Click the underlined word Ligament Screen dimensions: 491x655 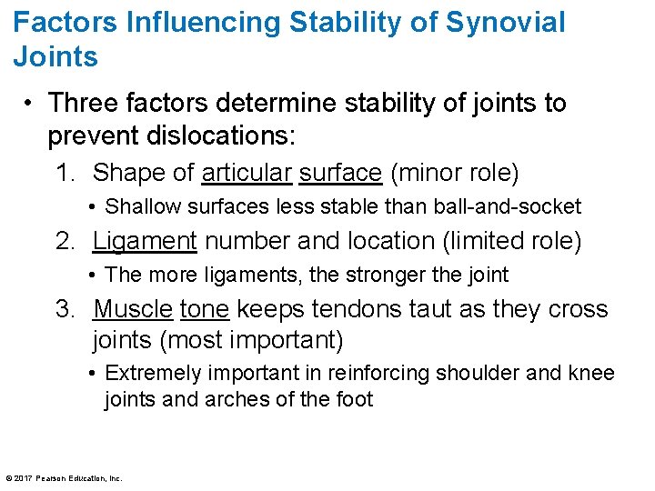pyautogui.click(x=145, y=241)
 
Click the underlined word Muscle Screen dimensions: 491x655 pyautogui.click(x=133, y=309)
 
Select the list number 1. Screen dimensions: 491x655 pyautogui.click(x=65, y=172)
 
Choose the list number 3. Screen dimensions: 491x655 pyautogui.click(x=65, y=309)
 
